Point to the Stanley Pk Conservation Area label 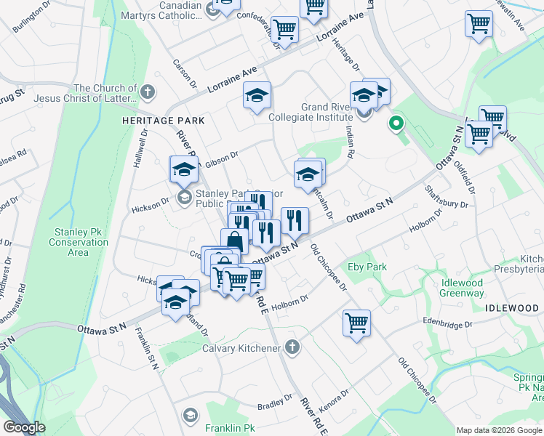coord(79,242)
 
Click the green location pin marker coord(396,124)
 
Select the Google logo coord(25,427)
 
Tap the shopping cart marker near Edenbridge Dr coord(356,323)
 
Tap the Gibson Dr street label coord(222,160)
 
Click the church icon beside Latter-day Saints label coord(148,92)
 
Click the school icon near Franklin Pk coord(191,416)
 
